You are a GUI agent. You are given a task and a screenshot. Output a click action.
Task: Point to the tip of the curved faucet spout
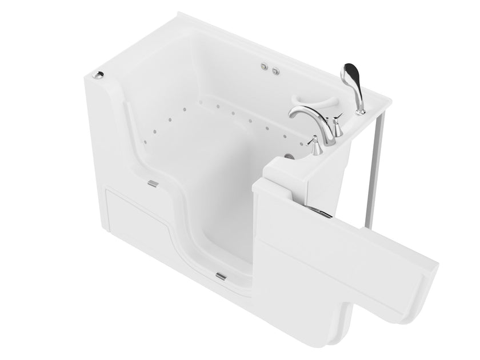point(293,114)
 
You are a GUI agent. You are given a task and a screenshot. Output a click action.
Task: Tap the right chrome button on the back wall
point(276,71)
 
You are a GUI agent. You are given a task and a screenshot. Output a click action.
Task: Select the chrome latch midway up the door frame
point(153,184)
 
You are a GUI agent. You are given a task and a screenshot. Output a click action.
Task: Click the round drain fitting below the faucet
point(286,156)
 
